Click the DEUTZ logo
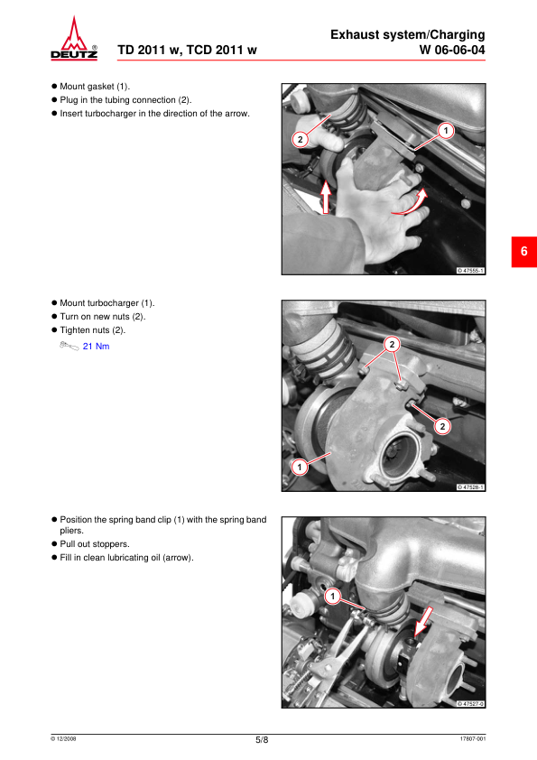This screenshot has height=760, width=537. pos(74,38)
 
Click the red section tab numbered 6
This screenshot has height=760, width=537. pos(524,252)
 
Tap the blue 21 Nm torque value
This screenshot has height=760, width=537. pos(96,346)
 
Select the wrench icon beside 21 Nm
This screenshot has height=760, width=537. pos(69,346)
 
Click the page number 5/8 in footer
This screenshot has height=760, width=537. pos(262,739)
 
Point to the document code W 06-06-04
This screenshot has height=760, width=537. pos(451,50)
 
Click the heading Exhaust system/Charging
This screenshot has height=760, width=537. pos(408,35)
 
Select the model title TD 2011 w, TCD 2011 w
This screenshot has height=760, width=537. pos(187,50)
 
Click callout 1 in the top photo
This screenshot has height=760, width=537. pos(446,130)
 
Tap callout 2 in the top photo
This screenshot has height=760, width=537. pos(300,140)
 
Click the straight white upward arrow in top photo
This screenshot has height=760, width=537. pos(326,197)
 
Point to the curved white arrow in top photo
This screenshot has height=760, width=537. pos(411,203)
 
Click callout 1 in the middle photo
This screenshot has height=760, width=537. pos(300,468)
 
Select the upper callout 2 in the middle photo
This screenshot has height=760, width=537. pos(392,345)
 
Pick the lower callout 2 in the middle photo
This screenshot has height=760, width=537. pos(442,427)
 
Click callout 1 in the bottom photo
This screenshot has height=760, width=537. pos(332,596)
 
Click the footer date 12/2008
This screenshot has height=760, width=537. pos(63,739)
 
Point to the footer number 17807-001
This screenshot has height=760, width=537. pos(473,739)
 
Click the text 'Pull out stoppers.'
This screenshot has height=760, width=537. pos(95,544)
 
